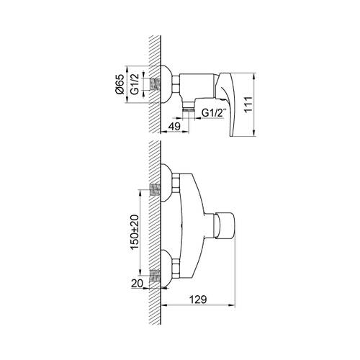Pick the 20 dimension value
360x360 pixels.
click(x=136, y=284)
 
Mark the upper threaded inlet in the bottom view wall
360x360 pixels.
click(x=154, y=191)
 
